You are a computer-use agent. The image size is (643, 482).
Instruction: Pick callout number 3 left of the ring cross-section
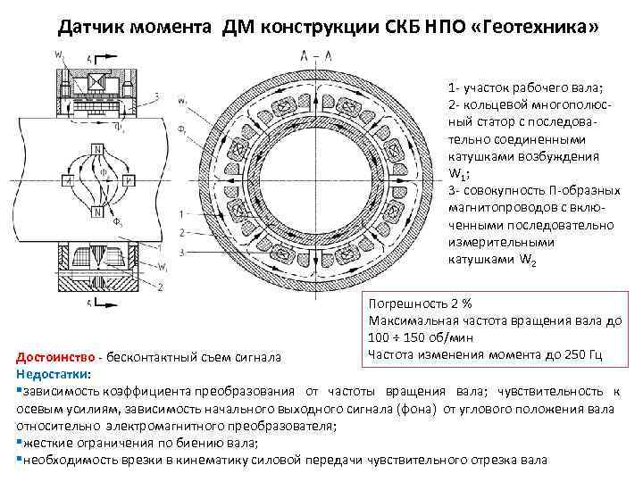click(182, 253)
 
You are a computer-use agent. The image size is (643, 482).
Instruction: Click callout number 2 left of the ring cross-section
click(182, 233)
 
